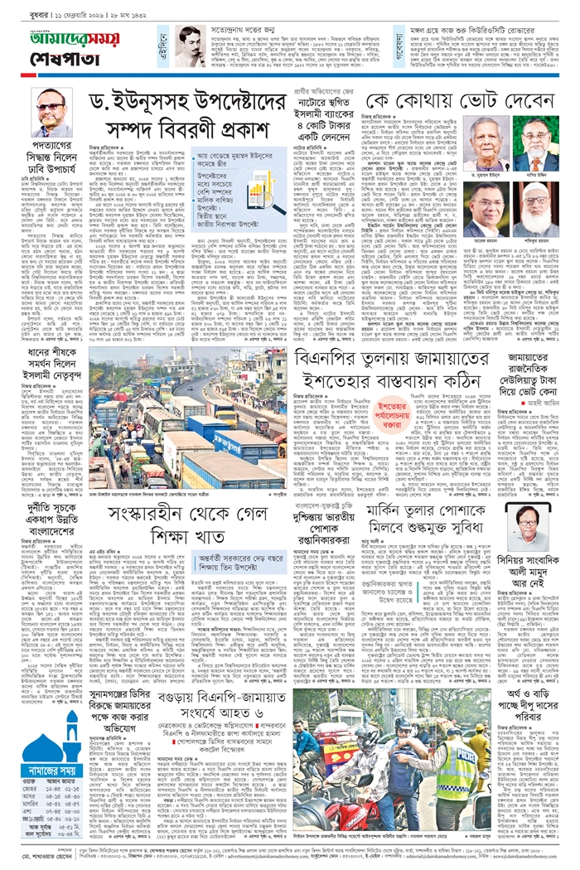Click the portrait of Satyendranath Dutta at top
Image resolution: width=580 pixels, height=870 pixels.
tap(190, 44)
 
